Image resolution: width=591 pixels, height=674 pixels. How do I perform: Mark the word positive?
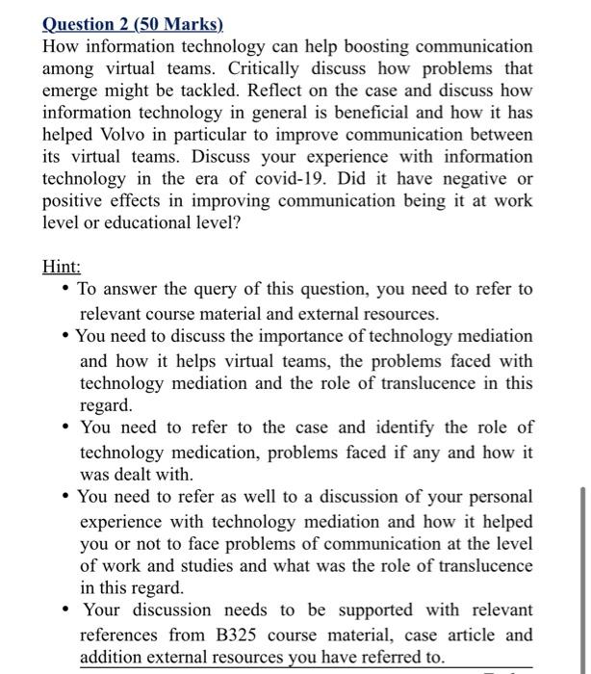tap(73, 201)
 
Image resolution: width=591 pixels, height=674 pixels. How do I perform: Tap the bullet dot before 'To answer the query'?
tap(64, 290)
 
